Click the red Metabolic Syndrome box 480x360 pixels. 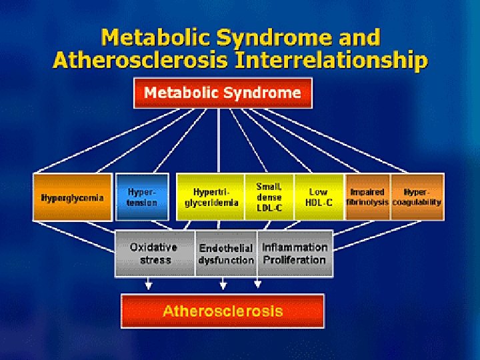[x=223, y=93]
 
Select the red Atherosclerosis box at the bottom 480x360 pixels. [x=223, y=311]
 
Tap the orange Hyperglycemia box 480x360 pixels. [x=73, y=197]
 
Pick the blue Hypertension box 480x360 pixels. [x=143, y=197]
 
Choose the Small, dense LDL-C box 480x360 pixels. [x=269, y=197]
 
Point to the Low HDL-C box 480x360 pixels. [x=319, y=197]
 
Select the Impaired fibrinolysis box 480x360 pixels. [x=367, y=197]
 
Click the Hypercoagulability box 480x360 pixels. [x=417, y=197]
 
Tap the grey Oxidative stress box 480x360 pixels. [x=155, y=253]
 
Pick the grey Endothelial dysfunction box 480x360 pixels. [x=226, y=253]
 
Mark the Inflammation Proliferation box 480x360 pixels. [x=295, y=253]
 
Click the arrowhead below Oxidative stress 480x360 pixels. [x=148, y=286]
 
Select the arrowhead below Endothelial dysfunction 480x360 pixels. [x=223, y=286]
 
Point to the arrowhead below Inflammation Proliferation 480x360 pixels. [x=257, y=286]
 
